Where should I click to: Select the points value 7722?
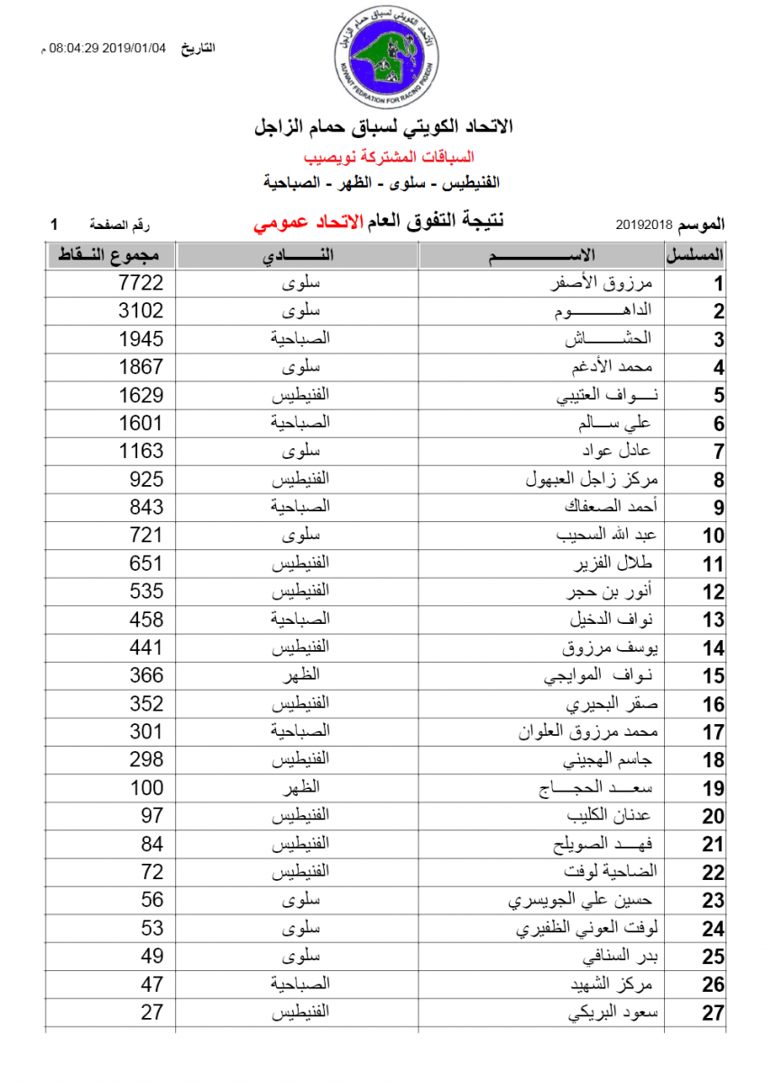(142, 283)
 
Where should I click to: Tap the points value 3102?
(142, 311)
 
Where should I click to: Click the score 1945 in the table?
(142, 339)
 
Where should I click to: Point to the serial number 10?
(714, 536)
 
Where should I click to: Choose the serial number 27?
(714, 1013)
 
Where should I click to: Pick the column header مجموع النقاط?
(110, 255)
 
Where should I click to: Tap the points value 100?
(147, 788)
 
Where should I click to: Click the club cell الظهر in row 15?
(301, 676)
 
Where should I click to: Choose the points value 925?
(147, 480)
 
